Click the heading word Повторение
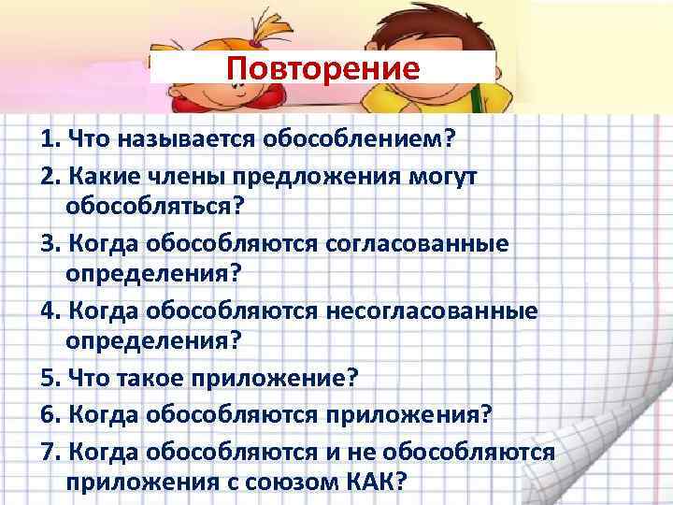coord(323,68)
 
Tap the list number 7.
coord(49,453)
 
